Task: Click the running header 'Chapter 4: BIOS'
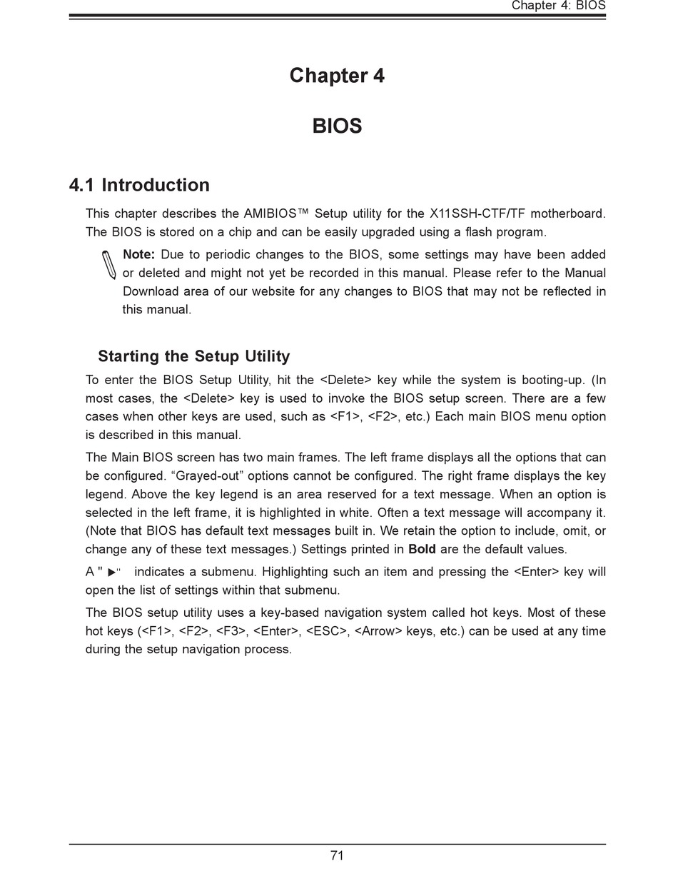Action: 558,6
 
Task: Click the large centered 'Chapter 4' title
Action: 337,76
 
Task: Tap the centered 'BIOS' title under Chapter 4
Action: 337,126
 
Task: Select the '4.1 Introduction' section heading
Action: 139,185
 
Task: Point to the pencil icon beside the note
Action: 108,265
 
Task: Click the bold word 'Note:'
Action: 138,255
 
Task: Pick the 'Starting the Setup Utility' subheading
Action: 193,356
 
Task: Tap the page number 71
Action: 337,855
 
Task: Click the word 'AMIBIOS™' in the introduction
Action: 275,213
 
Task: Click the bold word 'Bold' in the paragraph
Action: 422,550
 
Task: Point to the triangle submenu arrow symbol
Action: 112,572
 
